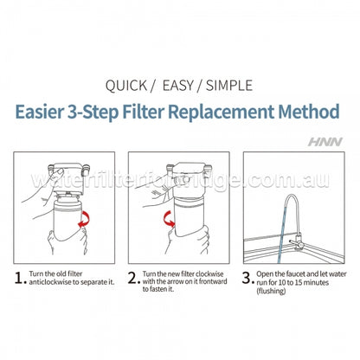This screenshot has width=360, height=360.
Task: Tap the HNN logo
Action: point(330,138)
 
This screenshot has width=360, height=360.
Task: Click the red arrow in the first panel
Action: point(84,227)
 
